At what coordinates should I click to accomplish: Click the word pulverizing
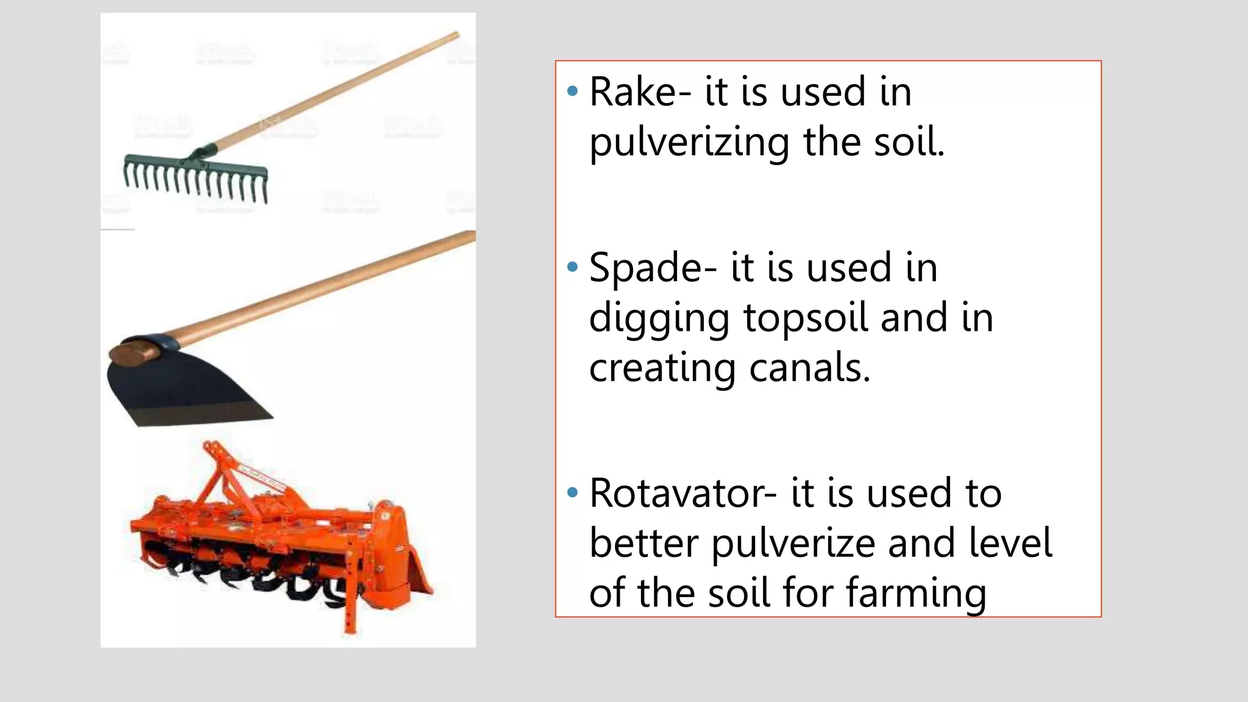pyautogui.click(x=689, y=143)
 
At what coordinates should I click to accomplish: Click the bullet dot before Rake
pyautogui.click(x=572, y=92)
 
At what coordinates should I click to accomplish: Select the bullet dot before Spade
pyautogui.click(x=572, y=267)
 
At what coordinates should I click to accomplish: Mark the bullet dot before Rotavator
pyautogui.click(x=572, y=492)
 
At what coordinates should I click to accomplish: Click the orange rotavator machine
pyautogui.click(x=274, y=536)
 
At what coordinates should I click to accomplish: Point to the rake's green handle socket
pyautogui.click(x=204, y=152)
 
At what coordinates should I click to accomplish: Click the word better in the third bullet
pyautogui.click(x=643, y=544)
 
